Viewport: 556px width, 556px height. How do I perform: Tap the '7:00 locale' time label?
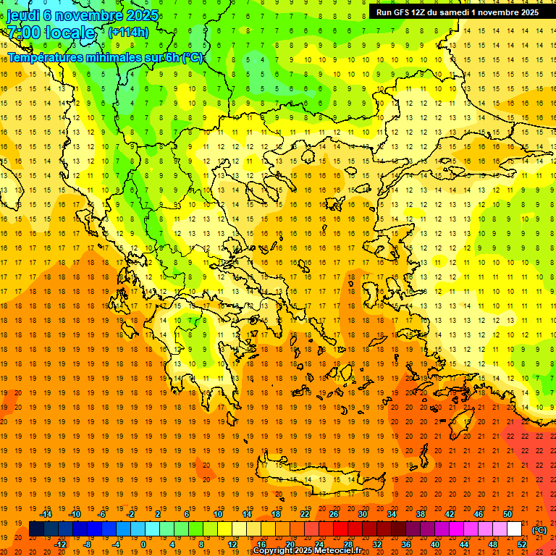[51, 33]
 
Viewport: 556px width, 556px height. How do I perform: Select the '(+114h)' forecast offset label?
[128, 33]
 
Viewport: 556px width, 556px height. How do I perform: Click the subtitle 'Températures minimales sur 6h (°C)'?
[106, 57]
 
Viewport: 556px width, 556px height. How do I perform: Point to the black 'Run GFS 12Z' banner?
[457, 12]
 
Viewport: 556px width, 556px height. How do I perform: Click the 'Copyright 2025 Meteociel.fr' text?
[307, 551]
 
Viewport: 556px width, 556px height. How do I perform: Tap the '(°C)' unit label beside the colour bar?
[539, 530]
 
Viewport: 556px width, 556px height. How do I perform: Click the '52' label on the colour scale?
[522, 544]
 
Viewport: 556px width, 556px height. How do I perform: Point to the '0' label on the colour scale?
[143, 544]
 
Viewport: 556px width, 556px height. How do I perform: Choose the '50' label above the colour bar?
[507, 514]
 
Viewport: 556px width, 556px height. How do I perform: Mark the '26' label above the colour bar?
[333, 514]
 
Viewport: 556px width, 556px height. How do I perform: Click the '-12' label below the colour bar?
[60, 544]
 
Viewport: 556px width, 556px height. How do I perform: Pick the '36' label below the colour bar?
[405, 544]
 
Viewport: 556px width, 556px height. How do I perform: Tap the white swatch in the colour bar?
[515, 529]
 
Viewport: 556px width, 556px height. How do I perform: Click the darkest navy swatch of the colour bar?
[36, 529]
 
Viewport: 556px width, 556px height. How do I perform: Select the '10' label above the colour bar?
[217, 514]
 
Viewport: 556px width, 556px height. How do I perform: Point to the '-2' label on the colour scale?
[130, 514]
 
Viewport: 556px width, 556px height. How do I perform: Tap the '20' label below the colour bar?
[290, 544]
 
